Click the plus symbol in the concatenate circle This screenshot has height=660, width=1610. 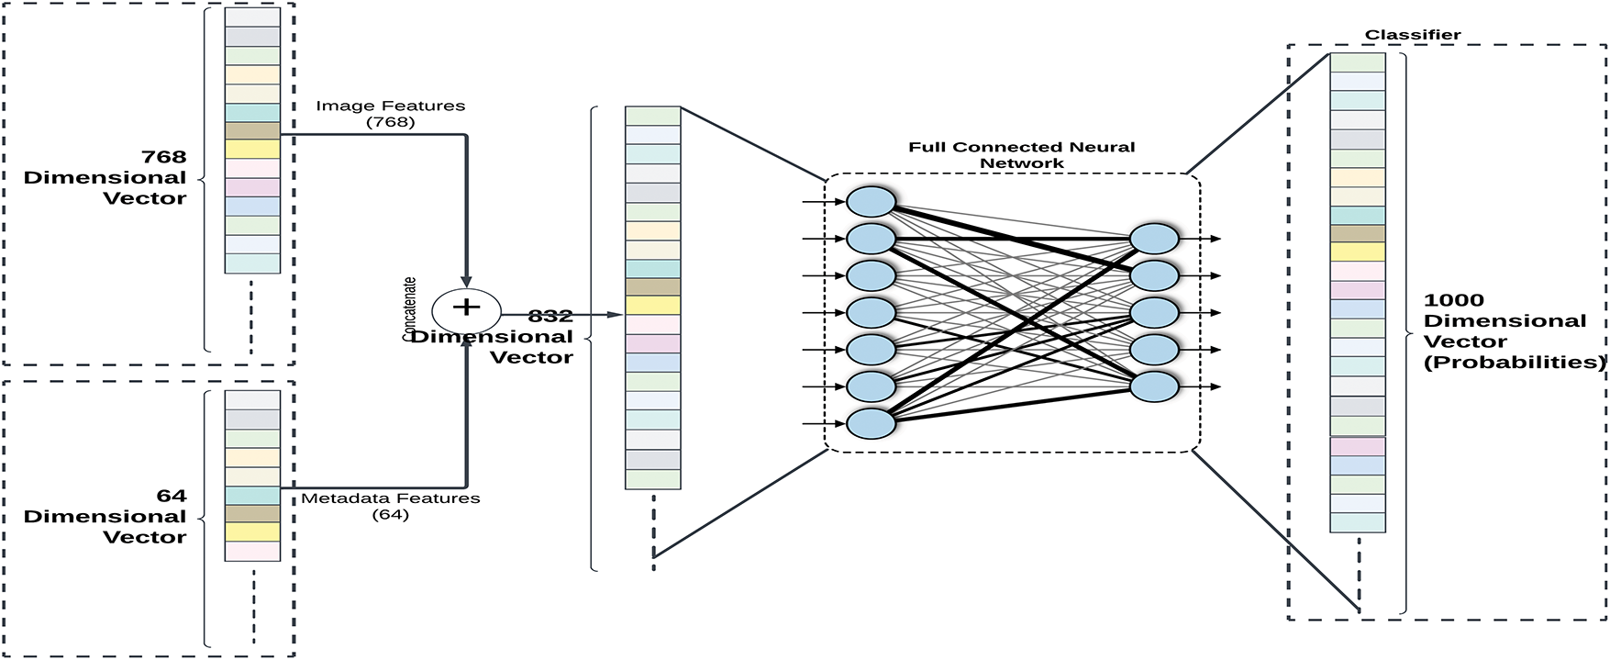click(466, 307)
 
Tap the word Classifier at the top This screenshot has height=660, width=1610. click(1413, 35)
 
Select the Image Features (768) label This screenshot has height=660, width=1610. click(391, 114)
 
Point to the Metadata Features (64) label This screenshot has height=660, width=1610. click(391, 506)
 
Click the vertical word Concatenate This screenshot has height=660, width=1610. click(410, 309)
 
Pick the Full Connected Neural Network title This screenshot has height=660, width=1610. click(1022, 155)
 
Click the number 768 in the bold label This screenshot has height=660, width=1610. click(164, 157)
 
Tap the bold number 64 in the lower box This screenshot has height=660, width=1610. click(172, 497)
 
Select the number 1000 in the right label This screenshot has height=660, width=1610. click(1454, 300)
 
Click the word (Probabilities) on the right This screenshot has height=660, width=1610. click(1515, 363)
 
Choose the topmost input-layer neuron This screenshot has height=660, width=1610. click(871, 202)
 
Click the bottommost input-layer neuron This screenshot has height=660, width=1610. click(871, 423)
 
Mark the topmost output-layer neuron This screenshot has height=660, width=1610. click(1154, 239)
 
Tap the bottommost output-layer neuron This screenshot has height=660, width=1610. click(1154, 386)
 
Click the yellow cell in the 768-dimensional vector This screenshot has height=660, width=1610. click(252, 149)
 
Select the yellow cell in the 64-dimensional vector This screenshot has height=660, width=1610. click(252, 532)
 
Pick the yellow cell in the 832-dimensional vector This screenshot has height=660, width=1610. click(653, 306)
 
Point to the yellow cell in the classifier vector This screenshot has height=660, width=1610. click(1358, 252)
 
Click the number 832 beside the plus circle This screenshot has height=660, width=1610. click(550, 317)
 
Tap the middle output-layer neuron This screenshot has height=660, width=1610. click(1154, 313)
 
